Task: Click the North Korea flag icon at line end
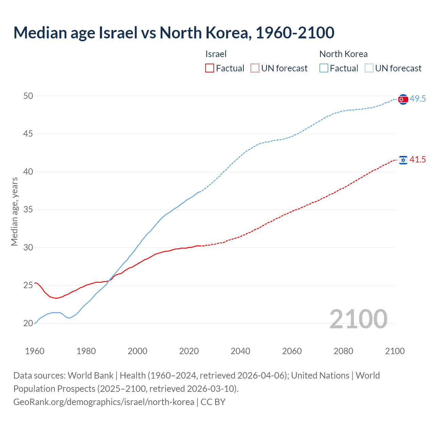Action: pos(403,99)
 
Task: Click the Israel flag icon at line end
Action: pos(403,160)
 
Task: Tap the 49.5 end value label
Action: pos(418,99)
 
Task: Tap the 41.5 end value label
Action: pos(418,159)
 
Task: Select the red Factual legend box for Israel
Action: pos(210,68)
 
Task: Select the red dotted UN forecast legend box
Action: pos(255,68)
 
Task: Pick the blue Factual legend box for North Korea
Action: pos(324,68)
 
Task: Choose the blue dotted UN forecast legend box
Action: pos(369,68)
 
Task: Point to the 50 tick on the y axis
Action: pos(28,96)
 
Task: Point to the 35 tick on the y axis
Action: pos(28,210)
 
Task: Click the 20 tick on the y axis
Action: pos(28,324)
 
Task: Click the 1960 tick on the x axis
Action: pos(35,351)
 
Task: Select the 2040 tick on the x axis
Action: pos(240,351)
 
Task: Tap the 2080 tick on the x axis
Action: pos(343,351)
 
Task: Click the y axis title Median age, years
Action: pos(14,211)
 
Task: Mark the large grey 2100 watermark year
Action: pos(358,319)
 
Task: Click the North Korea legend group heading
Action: pos(343,54)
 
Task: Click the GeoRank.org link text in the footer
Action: pos(104,402)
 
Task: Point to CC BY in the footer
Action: pos(213,402)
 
